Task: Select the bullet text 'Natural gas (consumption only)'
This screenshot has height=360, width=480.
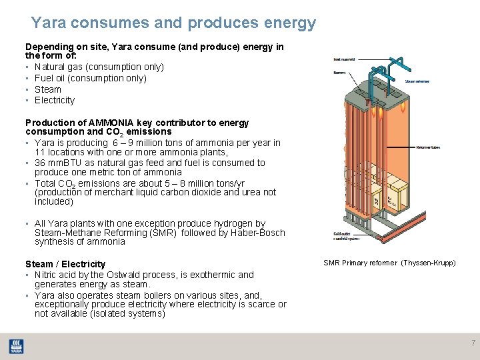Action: click(x=99, y=67)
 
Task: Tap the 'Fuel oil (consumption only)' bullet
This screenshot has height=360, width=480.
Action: click(x=93, y=79)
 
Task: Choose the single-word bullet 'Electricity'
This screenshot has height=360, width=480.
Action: click(x=55, y=101)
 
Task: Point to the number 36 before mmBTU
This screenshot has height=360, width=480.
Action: click(x=40, y=163)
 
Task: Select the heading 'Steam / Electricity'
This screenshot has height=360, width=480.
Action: click(x=65, y=265)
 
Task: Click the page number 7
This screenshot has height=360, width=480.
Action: click(x=473, y=343)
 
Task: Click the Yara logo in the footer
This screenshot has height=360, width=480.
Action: click(x=15, y=346)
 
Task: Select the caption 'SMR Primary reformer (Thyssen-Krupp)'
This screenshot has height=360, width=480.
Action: click(x=389, y=263)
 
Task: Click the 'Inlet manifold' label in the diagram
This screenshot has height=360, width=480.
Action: click(x=344, y=59)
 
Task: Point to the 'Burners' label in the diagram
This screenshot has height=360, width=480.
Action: click(x=339, y=72)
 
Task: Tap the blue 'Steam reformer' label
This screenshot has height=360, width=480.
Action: click(x=417, y=81)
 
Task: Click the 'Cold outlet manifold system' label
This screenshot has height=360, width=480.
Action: click(x=345, y=237)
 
